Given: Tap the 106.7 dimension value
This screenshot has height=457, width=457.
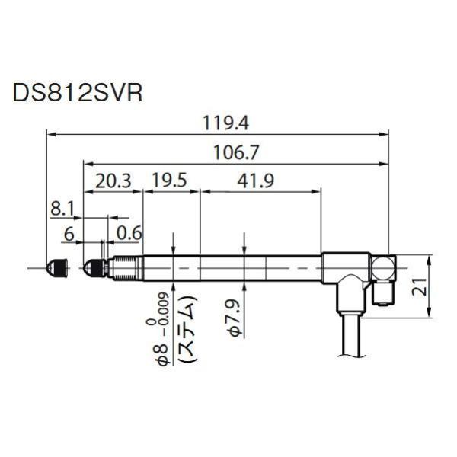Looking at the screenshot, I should [x=238, y=152].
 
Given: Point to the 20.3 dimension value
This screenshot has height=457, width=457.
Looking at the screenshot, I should [x=113, y=181].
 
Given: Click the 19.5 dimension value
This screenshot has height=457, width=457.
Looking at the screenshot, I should [x=170, y=181].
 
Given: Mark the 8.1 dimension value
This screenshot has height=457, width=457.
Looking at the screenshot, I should [x=66, y=208].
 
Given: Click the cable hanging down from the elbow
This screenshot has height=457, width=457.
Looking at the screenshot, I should [x=353, y=335].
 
